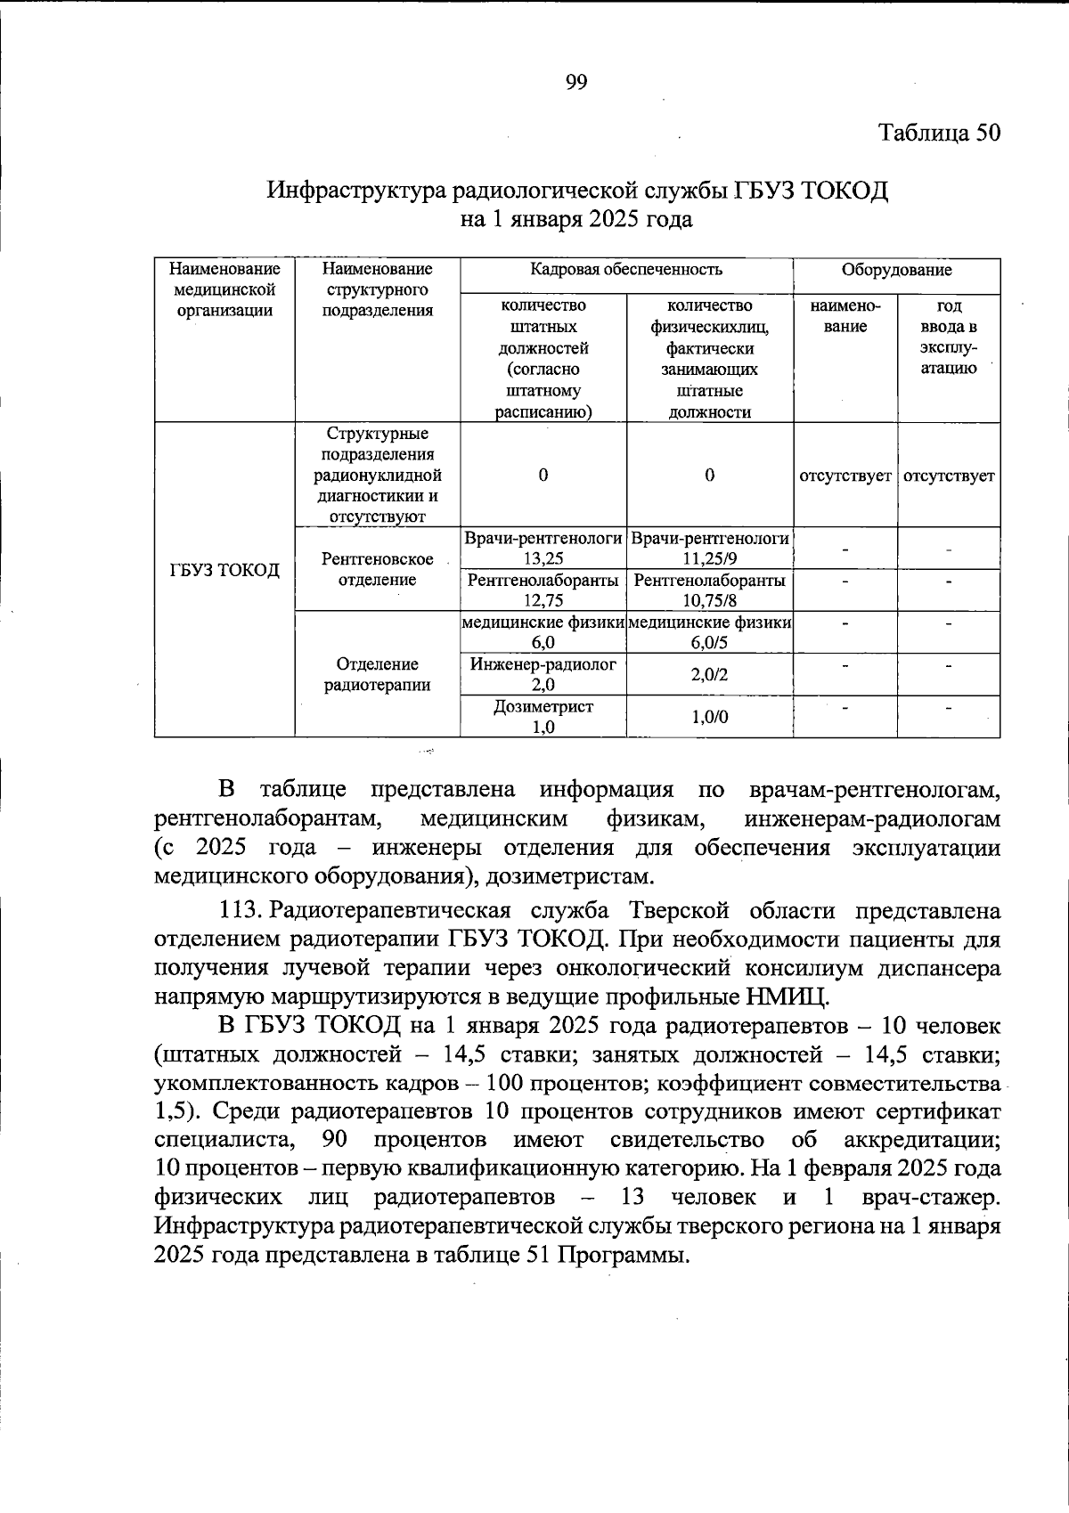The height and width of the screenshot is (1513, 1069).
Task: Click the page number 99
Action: click(x=576, y=83)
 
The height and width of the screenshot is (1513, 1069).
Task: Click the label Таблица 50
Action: click(x=940, y=133)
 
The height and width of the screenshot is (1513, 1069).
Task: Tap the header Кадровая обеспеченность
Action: click(x=625, y=270)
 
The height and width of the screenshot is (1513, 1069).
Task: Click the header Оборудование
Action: click(x=896, y=270)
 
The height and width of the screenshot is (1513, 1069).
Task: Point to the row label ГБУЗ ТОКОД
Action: click(x=224, y=570)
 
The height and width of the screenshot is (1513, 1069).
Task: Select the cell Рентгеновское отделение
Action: click(x=377, y=570)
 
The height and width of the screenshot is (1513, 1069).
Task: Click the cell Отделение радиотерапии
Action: click(x=377, y=675)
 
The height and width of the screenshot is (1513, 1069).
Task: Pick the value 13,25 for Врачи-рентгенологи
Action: click(x=543, y=558)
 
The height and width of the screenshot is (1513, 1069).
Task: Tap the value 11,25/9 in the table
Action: click(x=709, y=558)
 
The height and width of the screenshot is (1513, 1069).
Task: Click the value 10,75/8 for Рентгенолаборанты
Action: click(x=709, y=601)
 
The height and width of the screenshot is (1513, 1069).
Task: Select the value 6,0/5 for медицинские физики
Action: click(x=709, y=643)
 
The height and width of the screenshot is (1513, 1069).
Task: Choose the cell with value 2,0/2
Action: click(x=709, y=675)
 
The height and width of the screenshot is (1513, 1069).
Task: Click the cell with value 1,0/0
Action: click(x=709, y=717)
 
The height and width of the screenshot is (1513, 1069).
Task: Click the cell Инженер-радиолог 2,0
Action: click(x=543, y=674)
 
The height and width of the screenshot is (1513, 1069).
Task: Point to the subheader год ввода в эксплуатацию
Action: click(x=949, y=337)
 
